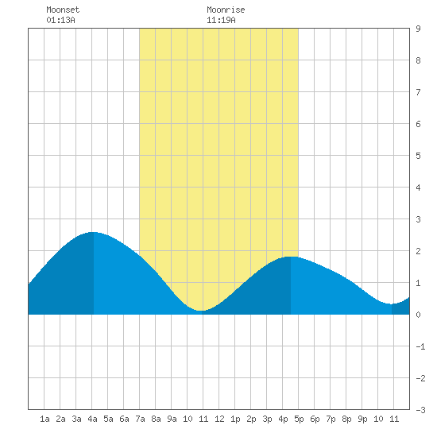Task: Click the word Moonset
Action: (x=63, y=10)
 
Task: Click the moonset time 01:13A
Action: (x=60, y=20)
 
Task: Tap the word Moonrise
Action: (x=226, y=10)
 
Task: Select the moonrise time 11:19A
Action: (x=221, y=20)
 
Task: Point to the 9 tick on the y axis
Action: (x=418, y=29)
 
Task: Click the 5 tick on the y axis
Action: (x=418, y=156)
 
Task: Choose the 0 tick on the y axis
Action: (x=418, y=315)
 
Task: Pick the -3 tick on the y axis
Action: (x=420, y=410)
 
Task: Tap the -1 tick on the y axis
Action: (x=420, y=346)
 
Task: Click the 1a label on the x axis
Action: (x=44, y=419)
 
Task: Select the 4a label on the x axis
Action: (x=92, y=419)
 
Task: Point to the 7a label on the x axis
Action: (x=140, y=419)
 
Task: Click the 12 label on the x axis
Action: (x=219, y=419)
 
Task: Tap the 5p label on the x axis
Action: (x=299, y=419)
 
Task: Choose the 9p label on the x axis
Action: (x=362, y=419)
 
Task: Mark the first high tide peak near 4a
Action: (x=94, y=232)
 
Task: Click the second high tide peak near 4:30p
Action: (x=291, y=257)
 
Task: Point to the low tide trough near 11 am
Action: (x=202, y=311)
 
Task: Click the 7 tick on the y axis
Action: (x=418, y=92)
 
